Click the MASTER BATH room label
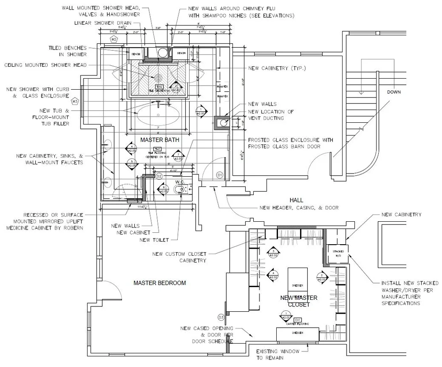point(160,140)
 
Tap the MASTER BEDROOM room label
point(160,283)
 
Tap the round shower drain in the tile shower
point(158,77)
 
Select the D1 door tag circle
point(219,175)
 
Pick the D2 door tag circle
point(160,176)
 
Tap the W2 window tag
point(114,39)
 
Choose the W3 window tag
point(75,101)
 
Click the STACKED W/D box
point(338,253)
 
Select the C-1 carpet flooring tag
point(297,319)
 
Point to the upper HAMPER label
point(222,87)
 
